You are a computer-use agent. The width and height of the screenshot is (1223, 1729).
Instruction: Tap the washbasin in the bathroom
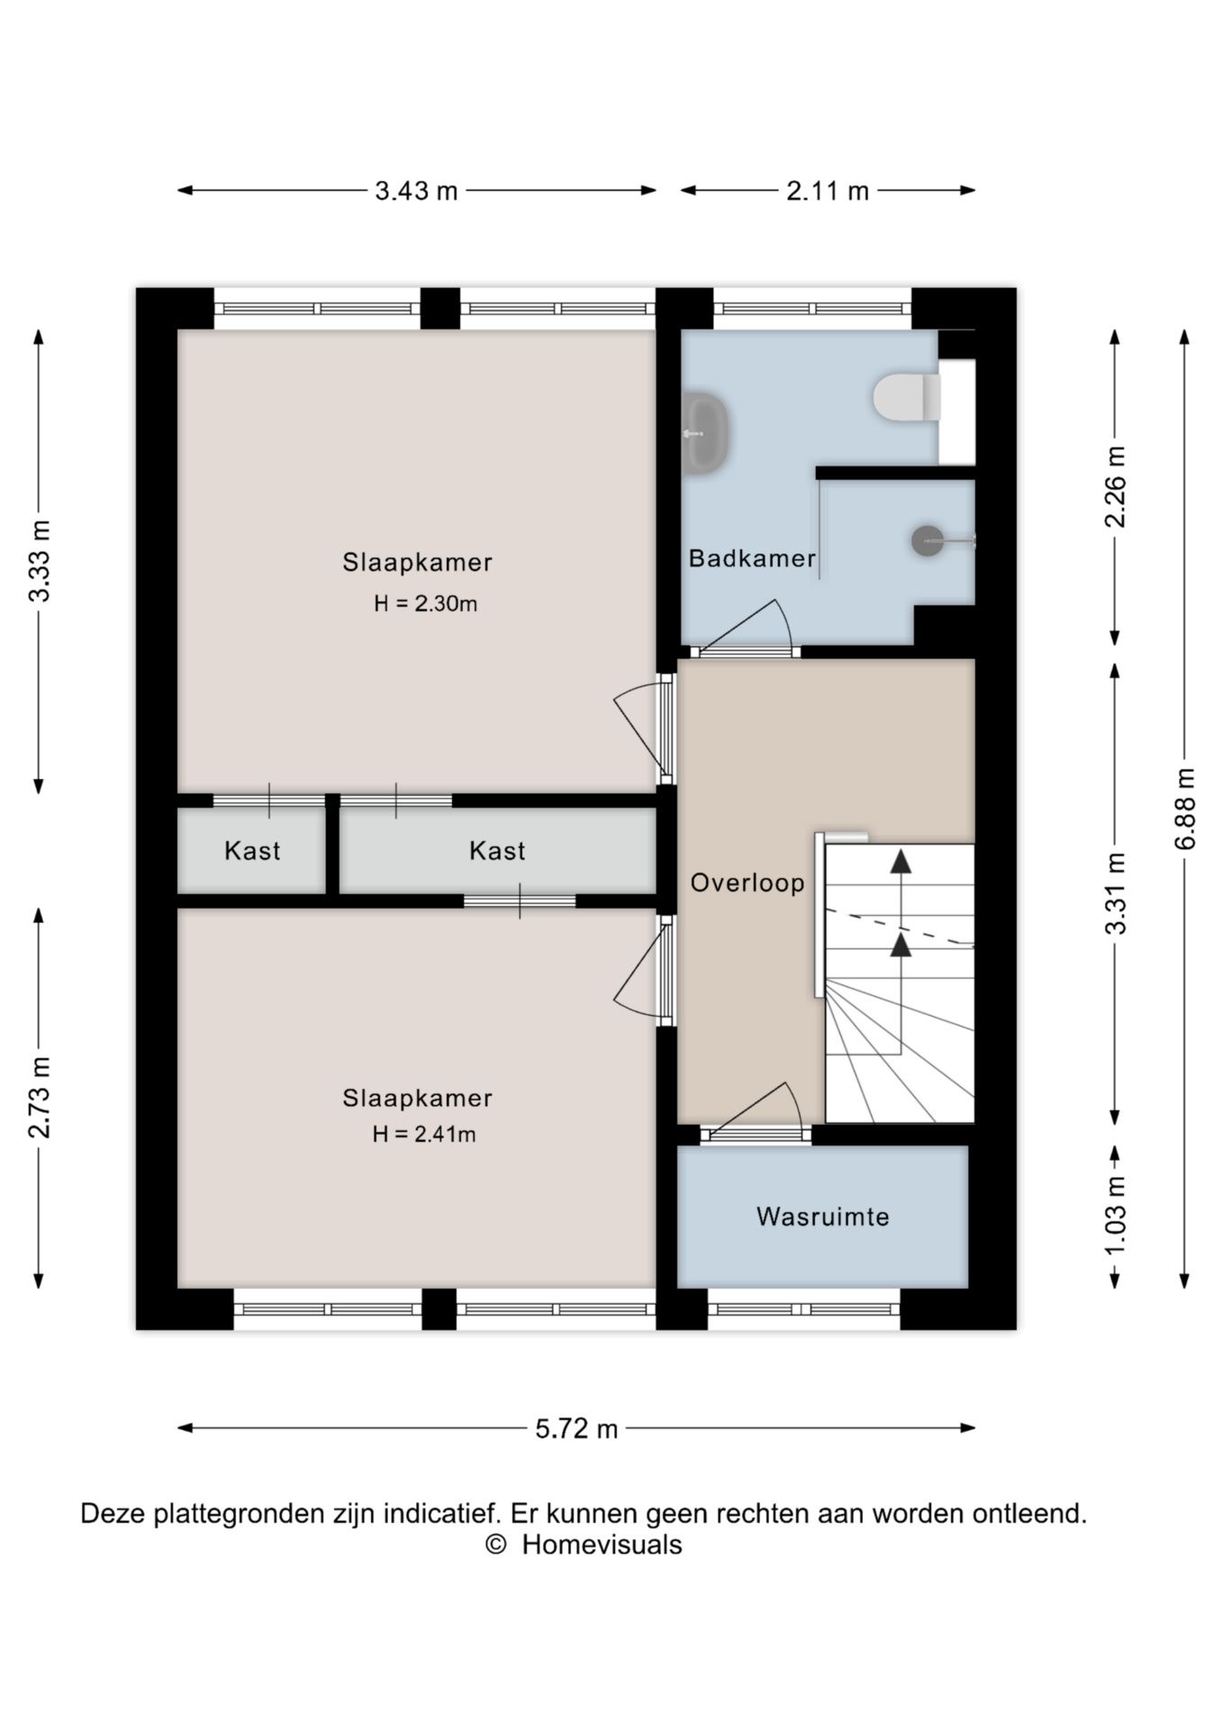tap(704, 433)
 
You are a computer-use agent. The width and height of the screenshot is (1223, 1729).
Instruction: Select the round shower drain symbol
tap(927, 540)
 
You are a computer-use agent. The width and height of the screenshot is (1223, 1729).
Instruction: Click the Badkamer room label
tap(752, 558)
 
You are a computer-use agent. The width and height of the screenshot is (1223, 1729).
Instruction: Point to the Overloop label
tap(747, 883)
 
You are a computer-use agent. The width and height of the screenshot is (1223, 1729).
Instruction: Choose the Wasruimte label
tap(823, 1217)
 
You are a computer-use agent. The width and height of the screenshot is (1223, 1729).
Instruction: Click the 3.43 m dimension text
tap(416, 191)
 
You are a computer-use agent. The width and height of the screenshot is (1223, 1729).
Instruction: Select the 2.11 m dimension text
tap(828, 191)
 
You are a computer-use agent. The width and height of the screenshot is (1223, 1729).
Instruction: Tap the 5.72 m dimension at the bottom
tap(576, 1428)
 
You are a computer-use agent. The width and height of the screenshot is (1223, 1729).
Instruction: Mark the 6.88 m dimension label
tap(1185, 808)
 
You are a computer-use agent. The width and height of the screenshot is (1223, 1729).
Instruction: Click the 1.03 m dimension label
tap(1116, 1216)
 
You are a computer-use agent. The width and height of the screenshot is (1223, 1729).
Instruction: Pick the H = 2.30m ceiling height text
tap(426, 603)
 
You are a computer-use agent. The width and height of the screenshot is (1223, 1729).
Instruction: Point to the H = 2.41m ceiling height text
tap(424, 1134)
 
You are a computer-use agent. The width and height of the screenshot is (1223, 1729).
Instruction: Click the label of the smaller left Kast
tap(252, 851)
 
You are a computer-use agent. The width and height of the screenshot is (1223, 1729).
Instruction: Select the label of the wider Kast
tap(497, 851)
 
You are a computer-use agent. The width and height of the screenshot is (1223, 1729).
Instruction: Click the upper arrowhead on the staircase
tap(901, 861)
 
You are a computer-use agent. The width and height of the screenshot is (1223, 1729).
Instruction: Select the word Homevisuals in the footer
tap(602, 1544)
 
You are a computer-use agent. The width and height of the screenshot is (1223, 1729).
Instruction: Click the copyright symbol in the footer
tap(495, 1544)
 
